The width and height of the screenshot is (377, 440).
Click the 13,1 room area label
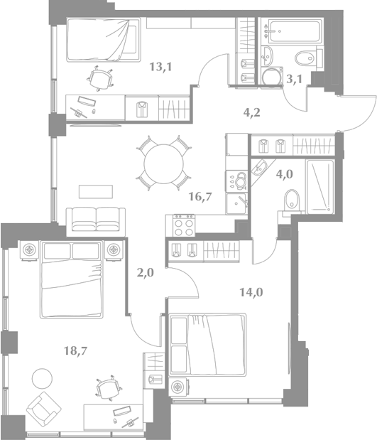coord(160,67)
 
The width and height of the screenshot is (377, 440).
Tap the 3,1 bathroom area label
coord(295,80)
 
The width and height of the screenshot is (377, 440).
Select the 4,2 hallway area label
coord(252,113)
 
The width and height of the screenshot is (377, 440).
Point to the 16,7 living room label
coord(200,197)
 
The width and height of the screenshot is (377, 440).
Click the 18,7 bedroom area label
coord(76,350)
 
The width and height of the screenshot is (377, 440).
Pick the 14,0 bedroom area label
coord(251,292)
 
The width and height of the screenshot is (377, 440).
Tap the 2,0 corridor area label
coord(146,272)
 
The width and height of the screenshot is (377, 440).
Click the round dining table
coord(164,163)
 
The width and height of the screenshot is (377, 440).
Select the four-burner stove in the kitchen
coord(184,225)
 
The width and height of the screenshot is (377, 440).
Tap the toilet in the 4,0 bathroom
coord(292,200)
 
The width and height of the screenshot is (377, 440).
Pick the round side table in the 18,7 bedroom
coord(42,379)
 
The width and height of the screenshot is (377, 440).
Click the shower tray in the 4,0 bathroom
coord(320,187)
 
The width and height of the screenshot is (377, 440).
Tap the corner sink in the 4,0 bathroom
coord(260,169)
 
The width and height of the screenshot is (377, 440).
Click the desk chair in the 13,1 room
coord(100,78)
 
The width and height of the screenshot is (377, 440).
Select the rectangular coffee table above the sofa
coord(96,192)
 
